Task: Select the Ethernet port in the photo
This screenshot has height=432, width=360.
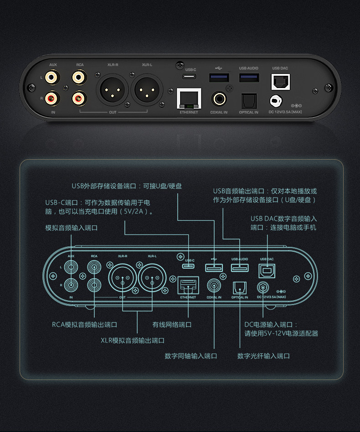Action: pos(189,98)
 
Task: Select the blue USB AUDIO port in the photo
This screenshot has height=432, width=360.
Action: pos(249,78)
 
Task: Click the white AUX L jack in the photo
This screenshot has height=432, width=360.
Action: pos(53,77)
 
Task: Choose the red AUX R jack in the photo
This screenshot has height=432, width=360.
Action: pos(53,97)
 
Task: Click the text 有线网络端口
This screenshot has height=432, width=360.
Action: pos(172,325)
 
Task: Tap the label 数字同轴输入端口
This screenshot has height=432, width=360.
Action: pos(190,356)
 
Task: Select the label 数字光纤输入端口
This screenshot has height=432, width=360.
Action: pos(263,356)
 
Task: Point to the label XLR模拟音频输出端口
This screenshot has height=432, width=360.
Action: pos(132,340)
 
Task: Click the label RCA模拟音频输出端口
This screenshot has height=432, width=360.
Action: pos(84,325)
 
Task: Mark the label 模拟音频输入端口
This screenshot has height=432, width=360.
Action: pos(71,228)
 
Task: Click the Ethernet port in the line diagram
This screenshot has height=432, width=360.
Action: pos(188,285)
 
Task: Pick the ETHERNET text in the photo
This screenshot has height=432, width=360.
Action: pos(189,112)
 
